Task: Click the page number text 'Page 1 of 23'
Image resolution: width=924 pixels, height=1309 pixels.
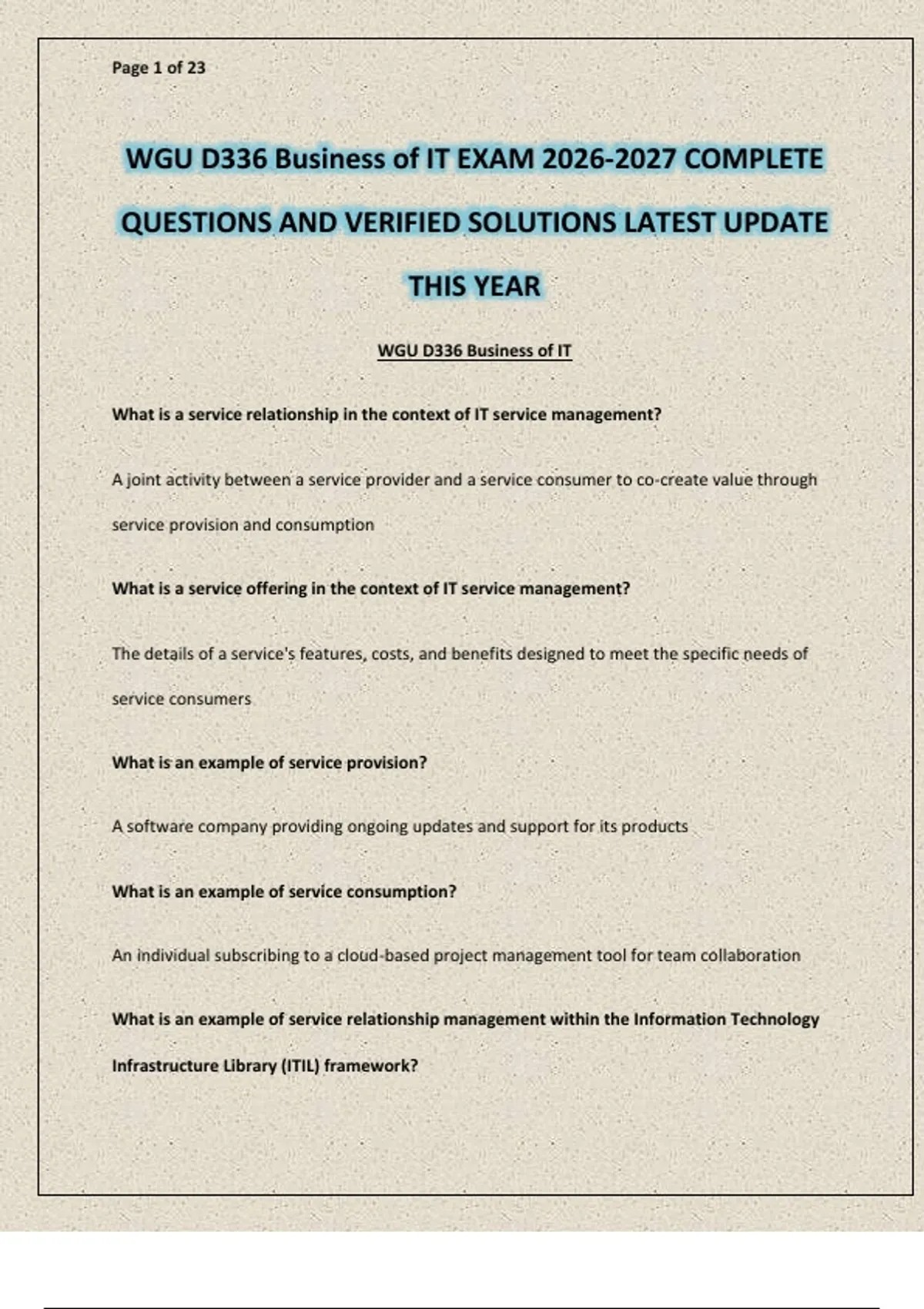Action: pos(159,68)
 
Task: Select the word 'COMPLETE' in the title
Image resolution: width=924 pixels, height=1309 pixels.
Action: pos(754,159)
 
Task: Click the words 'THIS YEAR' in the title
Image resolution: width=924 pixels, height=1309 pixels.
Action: pos(474,286)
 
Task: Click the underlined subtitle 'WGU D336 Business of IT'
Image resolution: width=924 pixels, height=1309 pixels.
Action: pos(474,350)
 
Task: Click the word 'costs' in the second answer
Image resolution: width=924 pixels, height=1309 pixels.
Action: pos(389,654)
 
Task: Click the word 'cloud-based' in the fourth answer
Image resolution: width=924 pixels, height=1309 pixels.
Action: pos(383,956)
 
